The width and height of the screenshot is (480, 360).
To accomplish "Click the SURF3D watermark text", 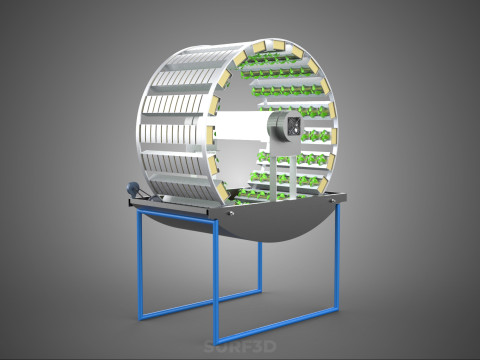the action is (240, 347).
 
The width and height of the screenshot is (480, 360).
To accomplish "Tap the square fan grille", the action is (295, 126).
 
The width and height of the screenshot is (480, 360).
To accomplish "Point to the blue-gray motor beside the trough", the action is (131, 188).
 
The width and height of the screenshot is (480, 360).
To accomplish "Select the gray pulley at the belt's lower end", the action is (154, 199).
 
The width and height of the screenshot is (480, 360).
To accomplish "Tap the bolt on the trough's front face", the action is (231, 213).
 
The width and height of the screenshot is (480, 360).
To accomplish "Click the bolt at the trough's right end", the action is (332, 201).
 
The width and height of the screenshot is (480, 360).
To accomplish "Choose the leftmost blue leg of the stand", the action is (140, 263).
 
